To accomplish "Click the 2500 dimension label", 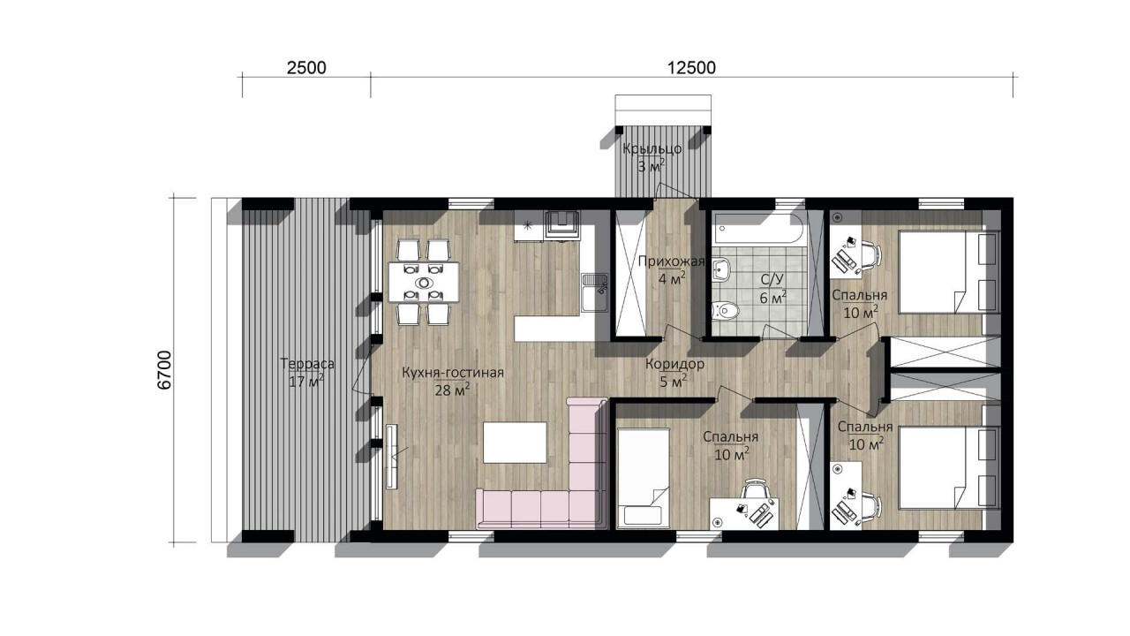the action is tap(306, 68).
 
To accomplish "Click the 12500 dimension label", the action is tap(691, 68).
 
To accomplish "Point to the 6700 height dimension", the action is tap(165, 370).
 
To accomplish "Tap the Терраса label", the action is tap(306, 363).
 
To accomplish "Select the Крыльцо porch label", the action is tap(652, 149).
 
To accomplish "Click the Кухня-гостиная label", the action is tap(453, 373).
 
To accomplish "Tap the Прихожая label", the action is tap(671, 261).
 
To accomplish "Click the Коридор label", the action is tap(674, 364).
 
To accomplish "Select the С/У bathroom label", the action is tap(772, 280).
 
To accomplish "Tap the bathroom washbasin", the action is tap(722, 269).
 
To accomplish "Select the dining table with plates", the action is tap(424, 282).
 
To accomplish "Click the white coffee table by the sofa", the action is tap(515, 443).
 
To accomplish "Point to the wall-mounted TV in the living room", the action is tap(392, 457).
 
